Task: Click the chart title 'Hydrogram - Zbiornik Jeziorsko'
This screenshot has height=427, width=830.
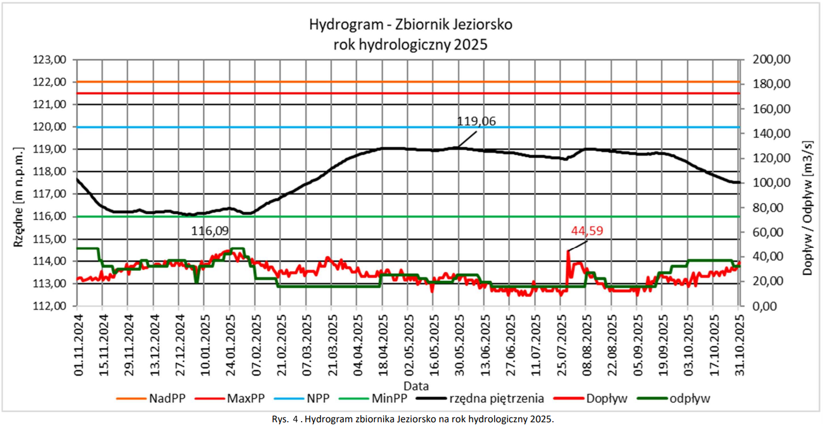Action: coord(411,25)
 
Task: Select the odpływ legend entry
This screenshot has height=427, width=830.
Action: coord(689,399)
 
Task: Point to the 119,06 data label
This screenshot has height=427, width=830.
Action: coord(476,122)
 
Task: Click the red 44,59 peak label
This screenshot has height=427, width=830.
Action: coord(588,230)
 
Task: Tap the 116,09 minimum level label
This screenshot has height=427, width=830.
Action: coord(209,231)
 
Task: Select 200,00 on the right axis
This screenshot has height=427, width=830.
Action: coord(771,59)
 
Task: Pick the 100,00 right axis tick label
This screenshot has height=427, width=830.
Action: coord(771,183)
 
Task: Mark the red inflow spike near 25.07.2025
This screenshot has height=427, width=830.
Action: coord(568,253)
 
